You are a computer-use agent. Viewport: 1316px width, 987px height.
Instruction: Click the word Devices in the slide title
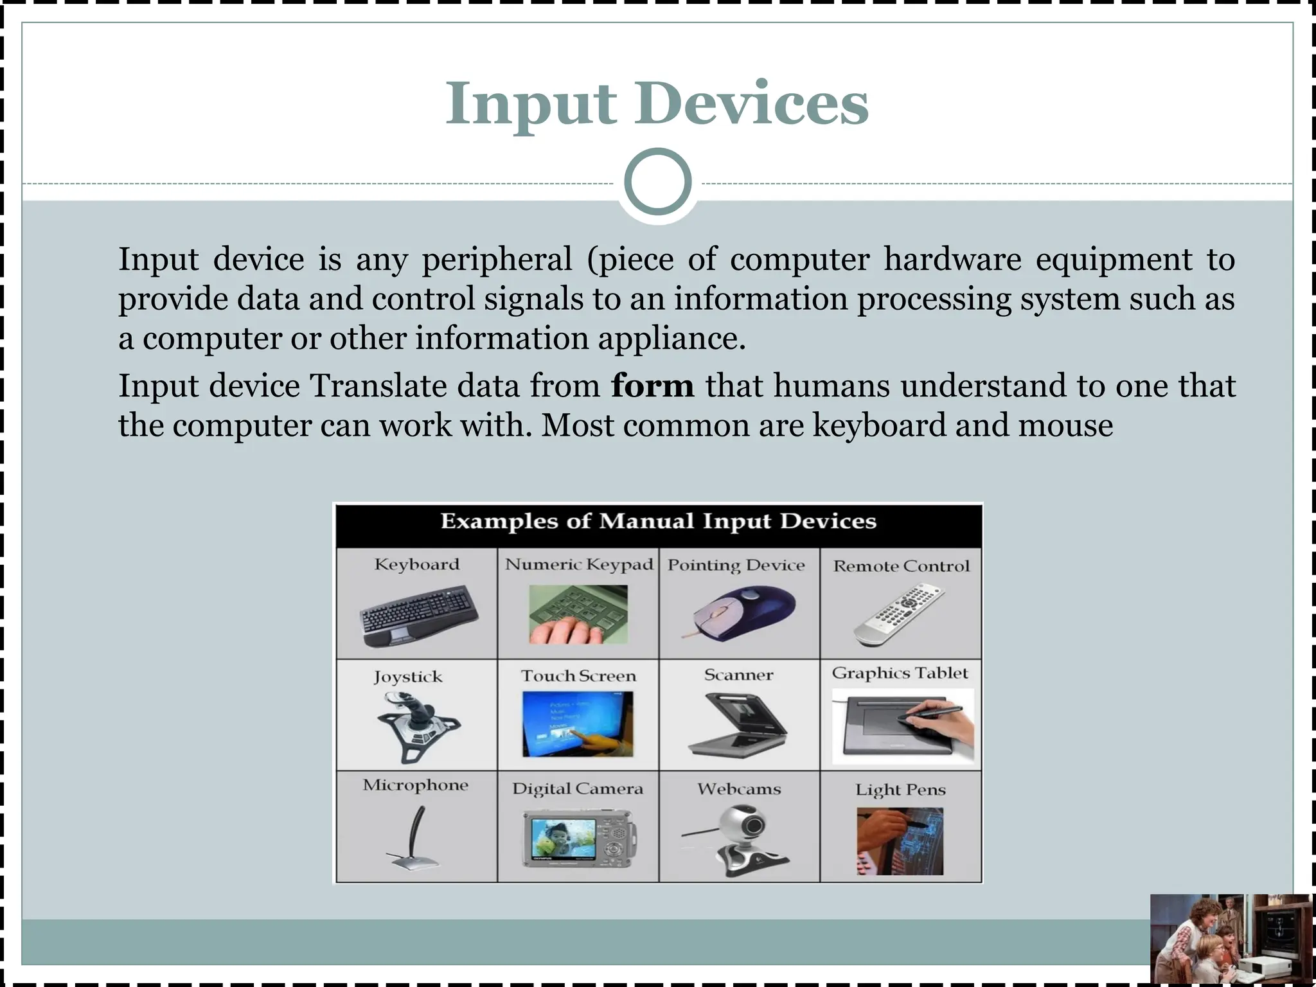(x=751, y=104)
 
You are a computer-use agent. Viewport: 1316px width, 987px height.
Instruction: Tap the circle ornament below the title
(x=657, y=182)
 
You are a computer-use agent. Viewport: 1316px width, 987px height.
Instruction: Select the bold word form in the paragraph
(x=652, y=386)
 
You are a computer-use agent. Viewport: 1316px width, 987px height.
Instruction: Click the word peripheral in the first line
(x=496, y=260)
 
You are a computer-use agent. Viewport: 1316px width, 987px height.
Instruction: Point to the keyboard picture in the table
(x=419, y=616)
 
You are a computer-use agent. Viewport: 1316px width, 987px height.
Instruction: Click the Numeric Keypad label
(x=578, y=564)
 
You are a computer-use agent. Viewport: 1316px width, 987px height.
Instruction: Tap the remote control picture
(x=900, y=614)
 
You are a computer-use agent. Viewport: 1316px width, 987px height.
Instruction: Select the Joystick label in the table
(x=408, y=677)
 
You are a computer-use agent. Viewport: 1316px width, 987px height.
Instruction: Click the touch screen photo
(x=578, y=724)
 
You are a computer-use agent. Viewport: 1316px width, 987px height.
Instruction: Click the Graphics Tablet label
(x=900, y=673)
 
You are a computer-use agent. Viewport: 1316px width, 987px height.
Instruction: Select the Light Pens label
(x=900, y=789)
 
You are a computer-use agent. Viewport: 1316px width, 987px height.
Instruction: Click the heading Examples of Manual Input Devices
(x=658, y=521)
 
